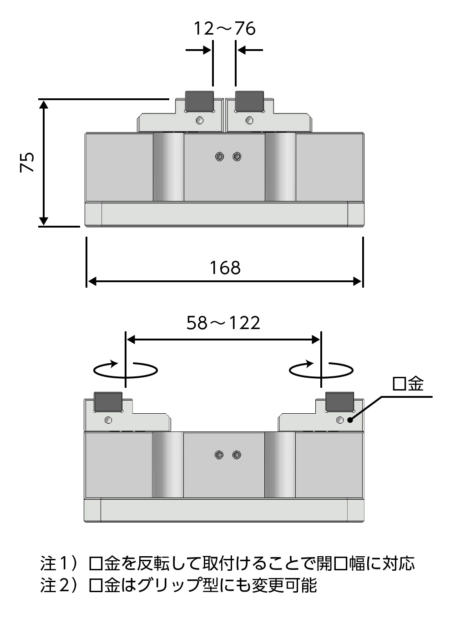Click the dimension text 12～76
pyautogui.click(x=224, y=29)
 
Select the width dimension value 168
pyautogui.click(x=225, y=268)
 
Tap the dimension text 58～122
pyautogui.click(x=223, y=323)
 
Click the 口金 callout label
pyautogui.click(x=408, y=384)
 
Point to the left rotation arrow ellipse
pyautogui.click(x=126, y=370)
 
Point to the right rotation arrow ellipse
pyautogui.click(x=322, y=370)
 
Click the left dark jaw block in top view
pyautogui.click(x=200, y=101)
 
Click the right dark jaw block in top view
pyautogui.click(x=249, y=101)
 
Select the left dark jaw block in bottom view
pyautogui.click(x=108, y=401)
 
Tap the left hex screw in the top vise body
pyautogui.click(x=220, y=157)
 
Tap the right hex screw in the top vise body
pyautogui.click(x=237, y=157)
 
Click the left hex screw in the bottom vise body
pyautogui.click(x=219, y=455)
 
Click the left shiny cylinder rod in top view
pyautogui.click(x=168, y=167)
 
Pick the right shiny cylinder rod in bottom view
pyautogui.click(x=280, y=465)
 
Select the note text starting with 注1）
pyautogui.click(x=227, y=563)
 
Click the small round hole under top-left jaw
pyautogui.click(x=199, y=120)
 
